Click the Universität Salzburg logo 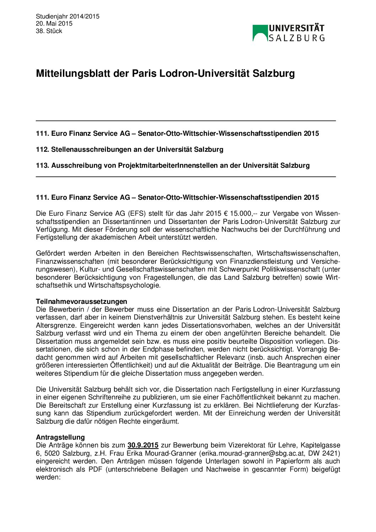288,33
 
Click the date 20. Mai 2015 54,23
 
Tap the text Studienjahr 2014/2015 68,16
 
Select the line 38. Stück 49,31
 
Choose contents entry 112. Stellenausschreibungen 129,149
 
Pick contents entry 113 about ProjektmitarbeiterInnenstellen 172,165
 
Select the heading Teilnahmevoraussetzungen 81,302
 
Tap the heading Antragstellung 60,437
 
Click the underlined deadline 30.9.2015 143,445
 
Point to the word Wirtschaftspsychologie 124,285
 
